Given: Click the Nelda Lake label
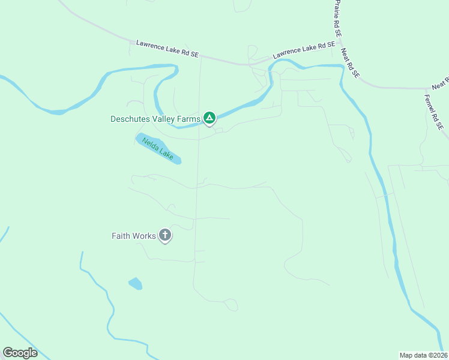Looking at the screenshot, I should click(158, 149).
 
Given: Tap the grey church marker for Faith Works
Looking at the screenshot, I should click(165, 236).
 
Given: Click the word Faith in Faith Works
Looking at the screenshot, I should click(121, 236).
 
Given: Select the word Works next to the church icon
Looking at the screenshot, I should click(144, 236).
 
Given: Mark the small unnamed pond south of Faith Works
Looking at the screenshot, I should click(135, 283).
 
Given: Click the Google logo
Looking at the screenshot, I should click(20, 353).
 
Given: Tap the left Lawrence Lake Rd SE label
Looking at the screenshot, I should click(167, 49).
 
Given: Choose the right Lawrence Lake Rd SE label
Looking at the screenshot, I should click(303, 50).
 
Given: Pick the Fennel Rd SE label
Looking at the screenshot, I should click(433, 112).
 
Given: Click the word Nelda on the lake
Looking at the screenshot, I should click(151, 145).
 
